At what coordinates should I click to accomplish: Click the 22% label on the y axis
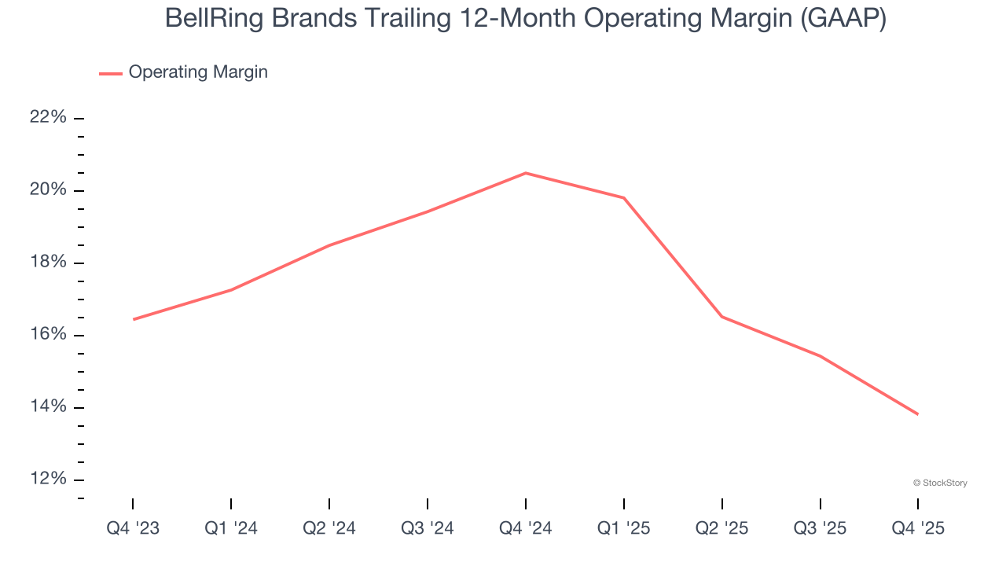click(x=48, y=118)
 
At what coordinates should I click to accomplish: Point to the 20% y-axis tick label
click(x=48, y=190)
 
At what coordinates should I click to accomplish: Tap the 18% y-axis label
click(x=48, y=263)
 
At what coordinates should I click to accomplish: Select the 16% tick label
click(x=48, y=335)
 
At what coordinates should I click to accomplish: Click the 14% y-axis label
click(x=48, y=407)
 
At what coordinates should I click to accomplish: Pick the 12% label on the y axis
click(x=48, y=480)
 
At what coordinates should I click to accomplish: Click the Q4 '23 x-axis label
click(x=133, y=528)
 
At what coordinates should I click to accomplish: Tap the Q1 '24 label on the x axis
click(x=231, y=528)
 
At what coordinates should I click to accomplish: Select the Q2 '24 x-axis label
click(x=329, y=528)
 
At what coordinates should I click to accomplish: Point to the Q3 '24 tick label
click(x=428, y=528)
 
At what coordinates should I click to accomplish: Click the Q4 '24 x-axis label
click(x=526, y=528)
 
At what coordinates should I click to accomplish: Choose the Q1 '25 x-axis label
click(x=624, y=528)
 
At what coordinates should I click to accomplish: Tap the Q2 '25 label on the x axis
click(x=722, y=528)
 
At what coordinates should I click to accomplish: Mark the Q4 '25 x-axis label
click(x=918, y=528)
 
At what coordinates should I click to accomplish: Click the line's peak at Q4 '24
click(x=526, y=173)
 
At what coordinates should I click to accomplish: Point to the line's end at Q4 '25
click(x=917, y=414)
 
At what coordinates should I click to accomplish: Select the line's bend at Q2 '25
click(x=722, y=317)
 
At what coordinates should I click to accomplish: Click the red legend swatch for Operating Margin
click(x=110, y=73)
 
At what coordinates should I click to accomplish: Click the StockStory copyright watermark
click(x=940, y=483)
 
